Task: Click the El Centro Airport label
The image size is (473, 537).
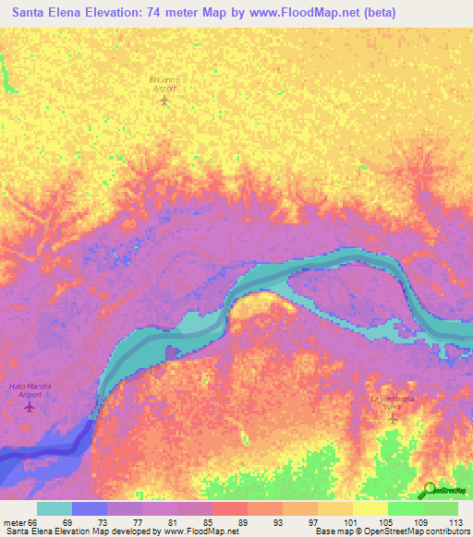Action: (165, 83)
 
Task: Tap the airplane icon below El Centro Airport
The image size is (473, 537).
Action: (165, 100)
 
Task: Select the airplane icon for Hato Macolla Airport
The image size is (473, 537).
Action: (30, 406)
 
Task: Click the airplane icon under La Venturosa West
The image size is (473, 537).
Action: (392, 419)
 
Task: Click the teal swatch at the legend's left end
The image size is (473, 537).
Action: (55, 508)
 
